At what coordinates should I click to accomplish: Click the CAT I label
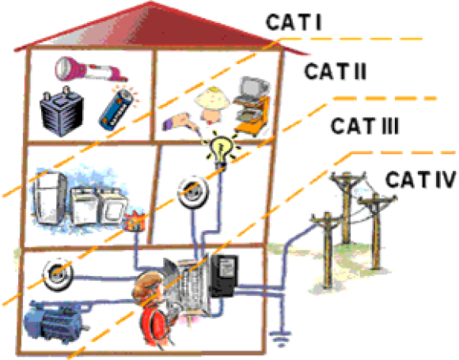tap(294, 22)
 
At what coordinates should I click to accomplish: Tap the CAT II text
tap(336, 71)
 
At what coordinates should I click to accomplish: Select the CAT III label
tap(365, 126)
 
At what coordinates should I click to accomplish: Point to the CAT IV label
tap(421, 179)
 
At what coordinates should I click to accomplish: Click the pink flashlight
tap(91, 70)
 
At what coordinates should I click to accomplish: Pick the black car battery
tap(62, 112)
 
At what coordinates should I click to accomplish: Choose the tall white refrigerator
tap(50, 198)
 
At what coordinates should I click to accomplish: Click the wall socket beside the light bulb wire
tap(193, 191)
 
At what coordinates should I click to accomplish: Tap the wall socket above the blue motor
tap(58, 275)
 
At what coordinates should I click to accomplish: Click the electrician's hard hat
tap(149, 283)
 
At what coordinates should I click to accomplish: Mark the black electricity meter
tap(224, 275)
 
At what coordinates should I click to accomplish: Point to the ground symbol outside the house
tap(281, 338)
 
